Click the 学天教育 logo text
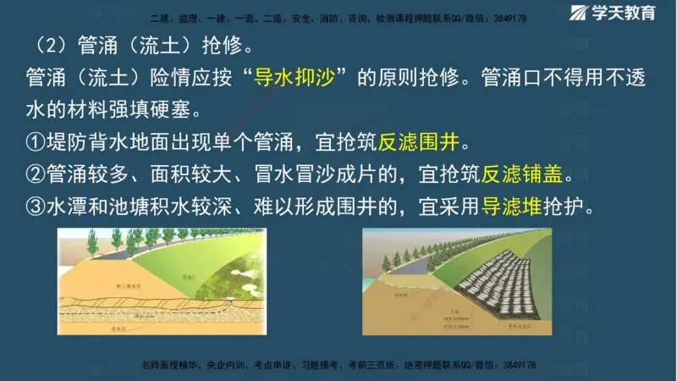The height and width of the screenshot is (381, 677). pos(630,14)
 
